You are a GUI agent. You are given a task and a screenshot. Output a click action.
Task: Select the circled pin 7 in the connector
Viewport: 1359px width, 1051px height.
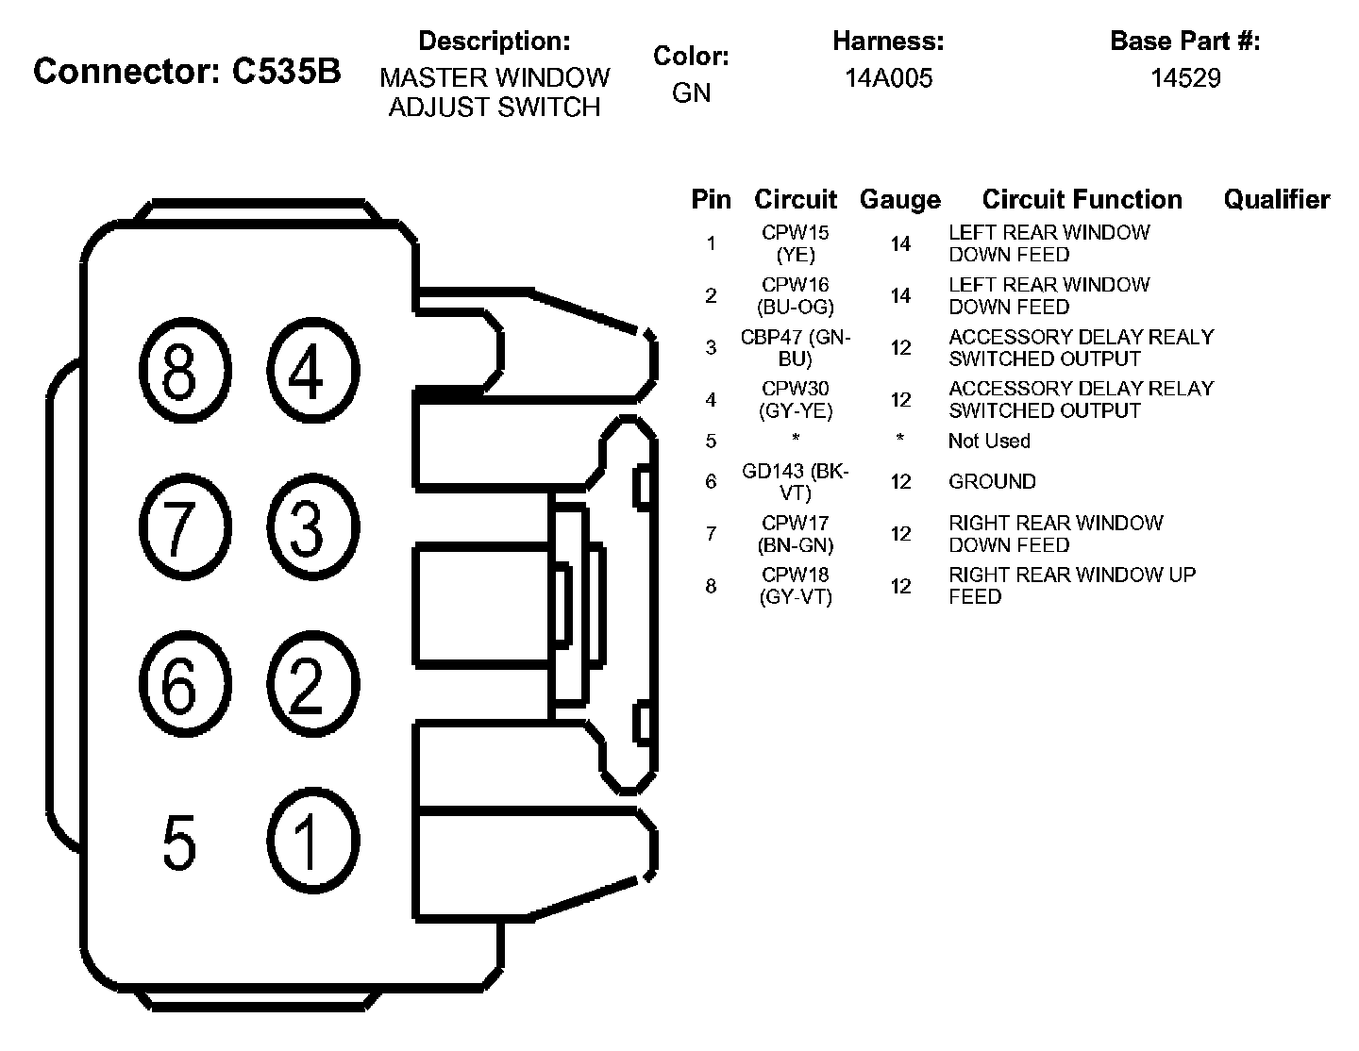184,525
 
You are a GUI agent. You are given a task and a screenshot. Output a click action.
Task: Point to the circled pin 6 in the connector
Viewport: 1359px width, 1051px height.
184,683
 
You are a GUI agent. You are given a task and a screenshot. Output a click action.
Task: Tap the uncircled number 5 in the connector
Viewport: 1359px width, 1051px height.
179,842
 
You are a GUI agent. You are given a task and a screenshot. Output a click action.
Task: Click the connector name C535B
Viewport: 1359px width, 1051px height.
285,72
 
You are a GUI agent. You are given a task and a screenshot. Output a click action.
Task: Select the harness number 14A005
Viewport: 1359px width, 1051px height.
888,78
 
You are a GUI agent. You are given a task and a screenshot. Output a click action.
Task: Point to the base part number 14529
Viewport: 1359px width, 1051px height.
1184,78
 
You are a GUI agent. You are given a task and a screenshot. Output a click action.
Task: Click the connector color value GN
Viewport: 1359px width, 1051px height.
691,93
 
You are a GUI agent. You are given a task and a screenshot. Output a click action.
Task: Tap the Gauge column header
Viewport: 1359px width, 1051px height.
899,200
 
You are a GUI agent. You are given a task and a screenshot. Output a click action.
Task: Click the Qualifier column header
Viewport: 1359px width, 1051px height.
1276,200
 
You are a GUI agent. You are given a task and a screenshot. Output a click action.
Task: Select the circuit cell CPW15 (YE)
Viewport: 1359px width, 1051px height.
796,243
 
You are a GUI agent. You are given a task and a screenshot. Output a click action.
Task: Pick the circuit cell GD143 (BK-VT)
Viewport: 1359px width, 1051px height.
796,481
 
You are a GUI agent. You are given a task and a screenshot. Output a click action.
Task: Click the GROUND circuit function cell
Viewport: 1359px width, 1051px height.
992,482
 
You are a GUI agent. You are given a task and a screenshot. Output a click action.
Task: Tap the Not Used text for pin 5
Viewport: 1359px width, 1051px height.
989,441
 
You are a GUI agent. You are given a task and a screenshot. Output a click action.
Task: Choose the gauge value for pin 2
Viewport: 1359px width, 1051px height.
900,296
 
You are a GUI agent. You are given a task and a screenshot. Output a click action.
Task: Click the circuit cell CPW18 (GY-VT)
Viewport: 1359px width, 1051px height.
796,586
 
